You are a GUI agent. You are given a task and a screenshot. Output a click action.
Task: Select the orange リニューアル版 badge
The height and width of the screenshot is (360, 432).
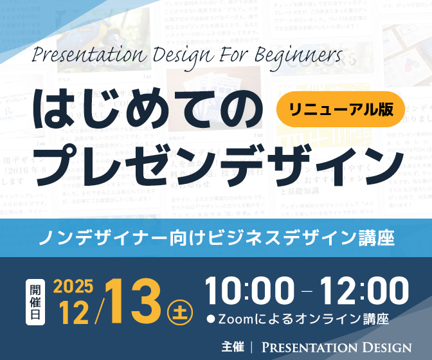[x=340, y=110]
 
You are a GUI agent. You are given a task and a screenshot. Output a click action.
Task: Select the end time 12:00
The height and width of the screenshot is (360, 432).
[x=364, y=292]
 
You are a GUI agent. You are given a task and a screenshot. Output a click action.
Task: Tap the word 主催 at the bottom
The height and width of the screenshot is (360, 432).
[x=233, y=346]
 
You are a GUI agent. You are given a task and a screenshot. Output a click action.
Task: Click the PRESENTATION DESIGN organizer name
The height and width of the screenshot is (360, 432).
[x=336, y=347]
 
